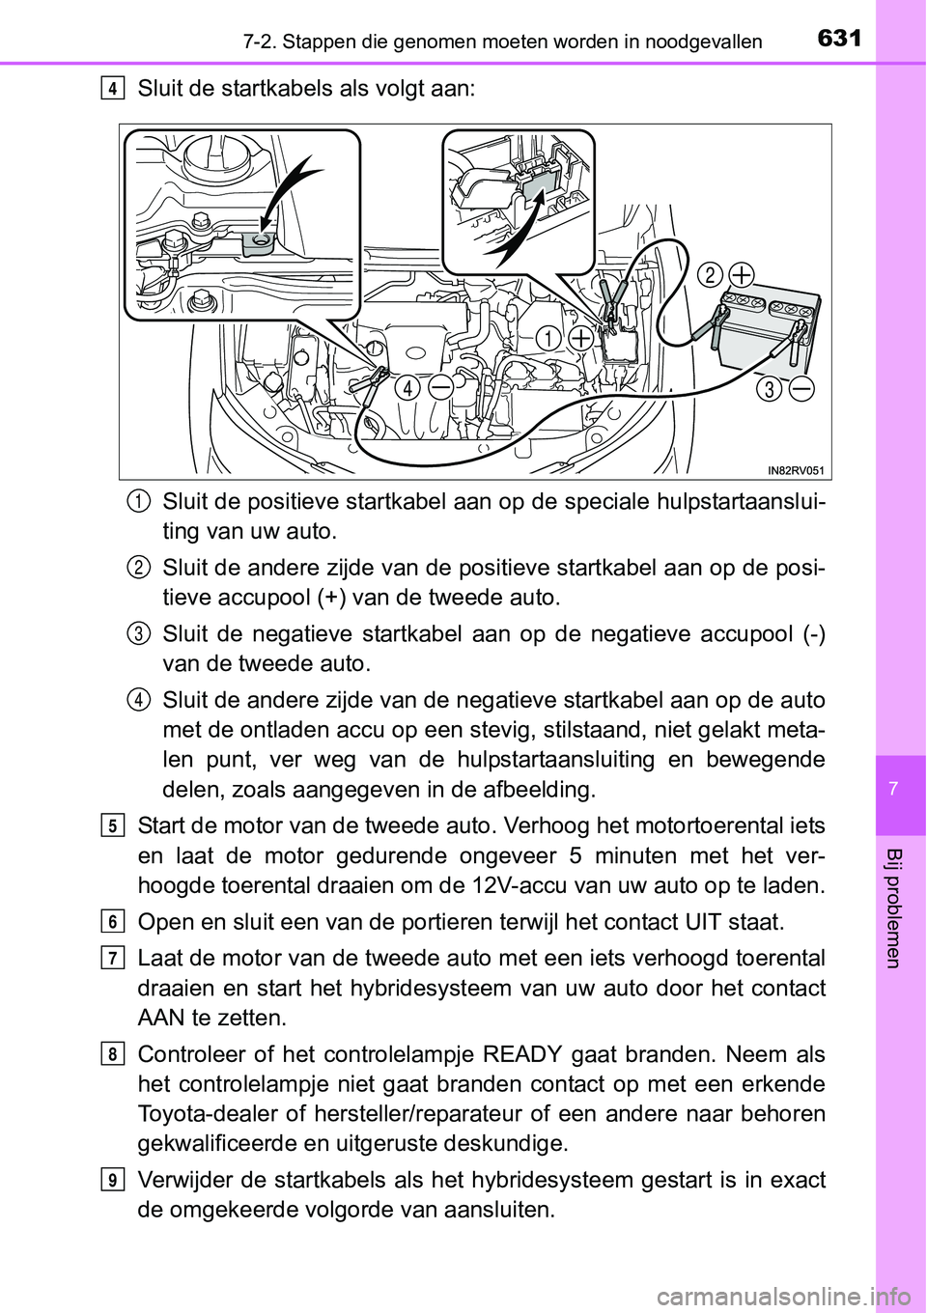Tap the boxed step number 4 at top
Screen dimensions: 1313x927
point(113,89)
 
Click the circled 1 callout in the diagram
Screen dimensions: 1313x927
point(548,338)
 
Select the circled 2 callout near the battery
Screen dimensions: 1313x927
point(710,275)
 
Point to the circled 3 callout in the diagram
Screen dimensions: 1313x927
point(769,389)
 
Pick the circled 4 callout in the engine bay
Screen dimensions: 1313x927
point(407,387)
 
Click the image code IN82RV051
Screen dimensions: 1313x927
point(797,469)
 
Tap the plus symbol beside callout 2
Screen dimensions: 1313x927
point(742,275)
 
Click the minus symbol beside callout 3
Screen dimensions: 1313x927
point(801,389)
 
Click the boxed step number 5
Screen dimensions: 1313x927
point(113,826)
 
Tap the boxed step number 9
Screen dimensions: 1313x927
point(113,1181)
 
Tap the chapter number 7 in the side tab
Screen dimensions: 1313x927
point(893,789)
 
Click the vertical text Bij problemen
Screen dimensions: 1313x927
point(893,908)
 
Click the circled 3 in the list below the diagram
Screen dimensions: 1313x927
point(137,633)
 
